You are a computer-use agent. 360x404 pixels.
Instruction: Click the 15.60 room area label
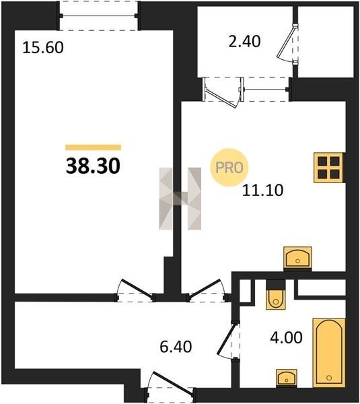click(43, 48)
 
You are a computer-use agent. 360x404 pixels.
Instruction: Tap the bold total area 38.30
click(93, 166)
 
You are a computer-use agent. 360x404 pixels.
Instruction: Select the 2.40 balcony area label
click(245, 41)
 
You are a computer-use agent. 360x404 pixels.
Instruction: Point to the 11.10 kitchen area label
click(263, 191)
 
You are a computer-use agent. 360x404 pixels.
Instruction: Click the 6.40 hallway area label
click(176, 347)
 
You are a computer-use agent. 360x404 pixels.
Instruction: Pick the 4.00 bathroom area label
click(287, 337)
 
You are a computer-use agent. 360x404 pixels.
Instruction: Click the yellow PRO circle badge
click(229, 168)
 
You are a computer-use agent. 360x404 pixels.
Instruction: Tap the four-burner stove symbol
click(328, 168)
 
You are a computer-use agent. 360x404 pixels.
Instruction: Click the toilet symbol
click(276, 294)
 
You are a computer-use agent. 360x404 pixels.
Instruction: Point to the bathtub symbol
click(329, 353)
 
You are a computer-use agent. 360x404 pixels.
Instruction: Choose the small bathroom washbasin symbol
click(287, 378)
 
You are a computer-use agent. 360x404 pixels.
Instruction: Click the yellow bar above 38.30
click(94, 147)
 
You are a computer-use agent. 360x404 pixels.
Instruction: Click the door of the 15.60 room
click(135, 290)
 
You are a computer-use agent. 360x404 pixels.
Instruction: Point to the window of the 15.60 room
click(98, 15)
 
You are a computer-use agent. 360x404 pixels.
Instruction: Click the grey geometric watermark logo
click(180, 199)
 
